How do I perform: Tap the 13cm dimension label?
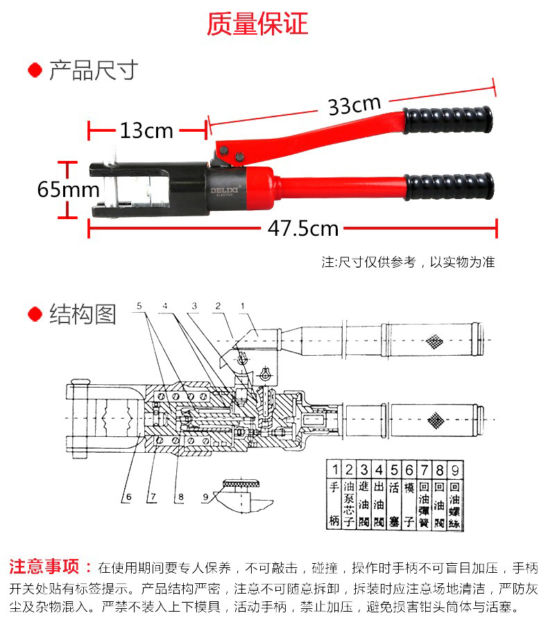(x=146, y=130)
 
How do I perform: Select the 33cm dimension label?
(x=354, y=105)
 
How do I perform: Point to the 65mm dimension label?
(x=68, y=189)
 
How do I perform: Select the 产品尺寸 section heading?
(x=94, y=71)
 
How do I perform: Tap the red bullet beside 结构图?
(x=35, y=315)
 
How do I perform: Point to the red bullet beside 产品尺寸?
(x=35, y=71)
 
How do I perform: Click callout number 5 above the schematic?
(x=139, y=306)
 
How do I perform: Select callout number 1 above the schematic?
(x=242, y=306)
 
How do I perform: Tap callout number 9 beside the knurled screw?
(x=205, y=497)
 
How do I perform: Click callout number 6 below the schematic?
(x=128, y=497)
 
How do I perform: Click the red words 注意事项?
(x=50, y=567)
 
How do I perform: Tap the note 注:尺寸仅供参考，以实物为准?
(x=408, y=262)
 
